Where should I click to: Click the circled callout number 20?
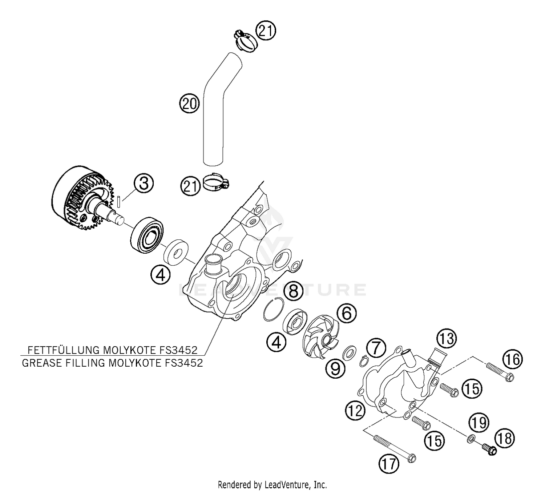click(190, 104)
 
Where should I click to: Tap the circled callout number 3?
click(144, 183)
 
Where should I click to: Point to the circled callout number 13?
click(446, 338)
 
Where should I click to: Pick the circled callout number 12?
click(355, 411)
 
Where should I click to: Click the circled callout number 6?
click(347, 313)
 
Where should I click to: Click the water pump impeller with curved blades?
click(320, 338)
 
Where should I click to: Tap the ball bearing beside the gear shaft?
click(147, 234)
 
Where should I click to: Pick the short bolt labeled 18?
click(489, 449)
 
